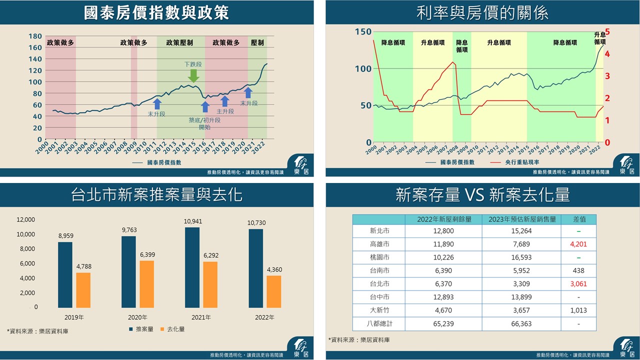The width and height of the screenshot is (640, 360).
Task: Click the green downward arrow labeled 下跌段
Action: coord(193,76)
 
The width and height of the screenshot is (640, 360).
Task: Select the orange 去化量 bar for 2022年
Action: coord(273,291)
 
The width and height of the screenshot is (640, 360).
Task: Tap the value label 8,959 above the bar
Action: coord(65,235)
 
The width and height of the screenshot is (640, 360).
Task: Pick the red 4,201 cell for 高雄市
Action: coord(578,244)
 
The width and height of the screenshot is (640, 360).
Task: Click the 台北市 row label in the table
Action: coord(379,284)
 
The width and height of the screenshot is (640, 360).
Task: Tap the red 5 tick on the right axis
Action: coord(607,31)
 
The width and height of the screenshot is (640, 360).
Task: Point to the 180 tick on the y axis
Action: coord(35,36)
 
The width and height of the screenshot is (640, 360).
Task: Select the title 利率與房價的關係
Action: coord(482,12)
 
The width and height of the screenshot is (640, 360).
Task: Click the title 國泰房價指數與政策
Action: coord(156,12)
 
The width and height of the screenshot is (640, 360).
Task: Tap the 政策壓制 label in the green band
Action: coord(179,43)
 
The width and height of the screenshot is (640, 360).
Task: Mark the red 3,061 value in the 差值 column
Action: coord(578,284)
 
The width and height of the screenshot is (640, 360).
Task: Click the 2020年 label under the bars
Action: coord(137,317)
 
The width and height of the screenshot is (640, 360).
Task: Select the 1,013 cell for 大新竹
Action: coord(578,310)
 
